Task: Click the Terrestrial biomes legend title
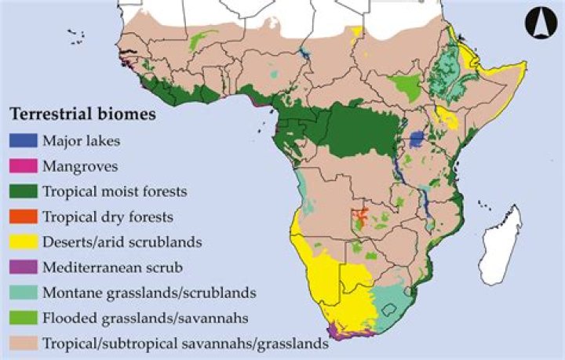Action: pyautogui.click(x=82, y=115)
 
